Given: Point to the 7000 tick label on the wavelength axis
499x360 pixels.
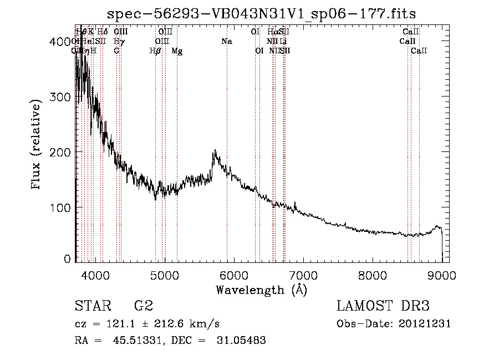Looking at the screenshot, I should pos(304,276).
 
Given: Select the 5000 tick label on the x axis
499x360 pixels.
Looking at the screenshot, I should pos(165,276).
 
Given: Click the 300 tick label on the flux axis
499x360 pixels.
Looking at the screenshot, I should pos(63,97).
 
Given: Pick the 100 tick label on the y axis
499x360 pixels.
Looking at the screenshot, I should pos(63,207).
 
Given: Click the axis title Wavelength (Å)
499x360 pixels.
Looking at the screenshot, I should pos(261,290).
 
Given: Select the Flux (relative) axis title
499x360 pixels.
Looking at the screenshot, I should pos(37,146).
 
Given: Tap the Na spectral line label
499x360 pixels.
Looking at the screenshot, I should pos(226,41).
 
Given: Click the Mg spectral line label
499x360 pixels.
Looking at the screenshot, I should pos(177,51).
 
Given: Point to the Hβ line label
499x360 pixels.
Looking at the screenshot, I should pos(155,51).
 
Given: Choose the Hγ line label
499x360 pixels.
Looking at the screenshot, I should pos(119,41).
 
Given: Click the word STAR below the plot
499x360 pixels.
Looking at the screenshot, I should pos(93,307).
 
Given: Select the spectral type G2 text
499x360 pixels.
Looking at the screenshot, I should pos(144,307).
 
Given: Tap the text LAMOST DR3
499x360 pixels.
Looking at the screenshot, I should pos(383,307).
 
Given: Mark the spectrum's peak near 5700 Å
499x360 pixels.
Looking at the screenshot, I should pos(214,150).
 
